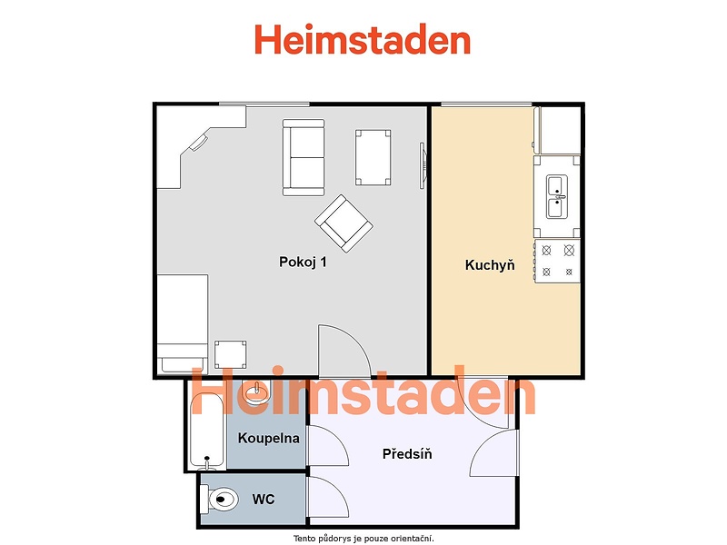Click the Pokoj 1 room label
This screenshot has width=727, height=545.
303,263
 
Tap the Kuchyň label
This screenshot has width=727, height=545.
490,265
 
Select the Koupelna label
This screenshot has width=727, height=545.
268,438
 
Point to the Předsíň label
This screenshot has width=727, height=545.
407,453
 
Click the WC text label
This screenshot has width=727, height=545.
264,499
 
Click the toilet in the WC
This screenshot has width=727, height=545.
219,499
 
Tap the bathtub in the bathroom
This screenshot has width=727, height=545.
207,431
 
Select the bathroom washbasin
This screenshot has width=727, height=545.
256,392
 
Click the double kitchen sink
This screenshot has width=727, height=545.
557,196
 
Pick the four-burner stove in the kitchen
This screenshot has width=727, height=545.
557,262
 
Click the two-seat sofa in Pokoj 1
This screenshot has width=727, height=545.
304,157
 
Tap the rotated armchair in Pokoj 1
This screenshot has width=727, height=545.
344,223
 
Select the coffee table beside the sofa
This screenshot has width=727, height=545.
373,157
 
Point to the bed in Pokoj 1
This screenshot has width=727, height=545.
183,324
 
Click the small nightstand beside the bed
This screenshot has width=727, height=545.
231,354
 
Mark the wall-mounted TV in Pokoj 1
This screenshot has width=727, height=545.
423,165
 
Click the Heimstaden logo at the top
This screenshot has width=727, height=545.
363,39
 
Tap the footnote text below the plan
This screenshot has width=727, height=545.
363,539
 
